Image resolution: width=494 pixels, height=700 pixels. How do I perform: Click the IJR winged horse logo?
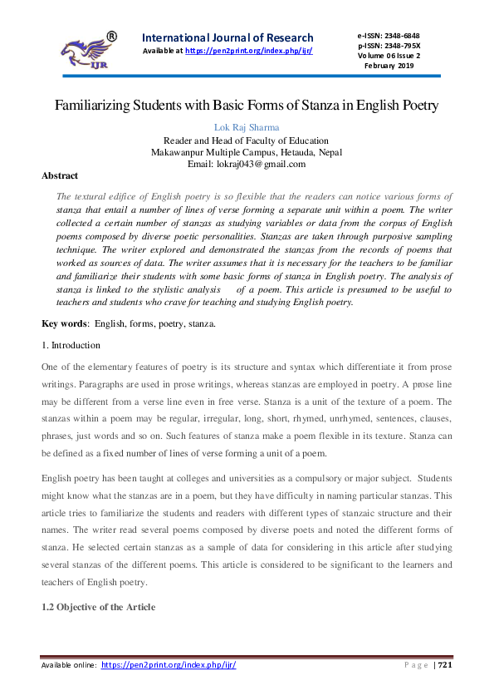tap(83, 51)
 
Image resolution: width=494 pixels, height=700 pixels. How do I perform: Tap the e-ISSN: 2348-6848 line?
tap(388, 36)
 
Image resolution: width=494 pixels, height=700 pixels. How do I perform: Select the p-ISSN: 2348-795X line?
tap(389, 46)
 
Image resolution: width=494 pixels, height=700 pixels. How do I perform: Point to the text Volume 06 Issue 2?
tap(389, 56)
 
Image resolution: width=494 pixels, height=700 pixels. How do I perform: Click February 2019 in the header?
tap(389, 66)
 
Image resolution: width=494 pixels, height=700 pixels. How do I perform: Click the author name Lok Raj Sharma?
tap(246, 127)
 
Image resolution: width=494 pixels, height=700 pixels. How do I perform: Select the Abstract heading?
tap(60, 176)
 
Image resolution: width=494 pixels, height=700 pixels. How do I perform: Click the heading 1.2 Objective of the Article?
tap(98, 608)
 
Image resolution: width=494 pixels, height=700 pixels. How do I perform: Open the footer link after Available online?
tap(169, 665)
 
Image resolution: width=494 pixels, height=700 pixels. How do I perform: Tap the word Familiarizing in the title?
tap(95, 106)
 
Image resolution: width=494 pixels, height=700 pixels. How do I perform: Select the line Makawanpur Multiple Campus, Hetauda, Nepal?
tap(246, 152)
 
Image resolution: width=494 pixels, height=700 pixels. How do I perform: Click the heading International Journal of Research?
tap(228, 37)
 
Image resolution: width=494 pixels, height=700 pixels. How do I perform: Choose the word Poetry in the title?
tap(415, 106)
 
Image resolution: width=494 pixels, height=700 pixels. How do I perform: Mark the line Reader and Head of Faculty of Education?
tap(246, 140)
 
